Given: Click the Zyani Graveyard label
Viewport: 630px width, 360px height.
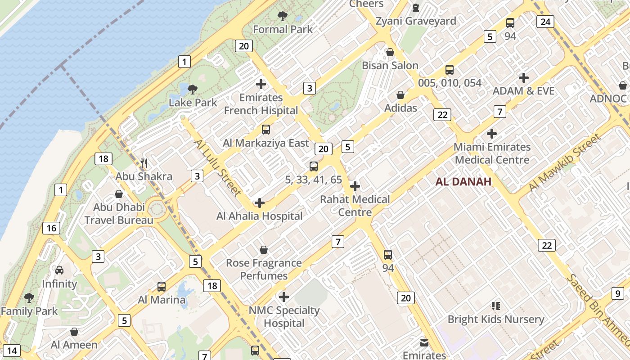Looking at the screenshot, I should click(416, 21).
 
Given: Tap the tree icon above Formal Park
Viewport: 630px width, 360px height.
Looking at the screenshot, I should click(283, 17).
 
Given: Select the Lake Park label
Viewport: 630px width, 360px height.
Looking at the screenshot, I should click(193, 103).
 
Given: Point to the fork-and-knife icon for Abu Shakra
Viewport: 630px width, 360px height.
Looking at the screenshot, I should click(144, 163).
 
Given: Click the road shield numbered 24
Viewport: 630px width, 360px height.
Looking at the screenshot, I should click(545, 22).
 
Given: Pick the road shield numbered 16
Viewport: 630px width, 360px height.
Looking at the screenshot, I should click(51, 228).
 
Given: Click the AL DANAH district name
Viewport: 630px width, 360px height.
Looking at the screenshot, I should click(463, 182).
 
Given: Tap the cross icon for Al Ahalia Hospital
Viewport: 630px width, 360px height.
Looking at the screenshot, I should click(260, 203).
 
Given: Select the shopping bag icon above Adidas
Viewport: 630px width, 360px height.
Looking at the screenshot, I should click(400, 95).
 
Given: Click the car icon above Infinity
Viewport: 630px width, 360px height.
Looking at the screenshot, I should click(59, 270).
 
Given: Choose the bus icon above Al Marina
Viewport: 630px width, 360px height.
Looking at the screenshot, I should click(161, 287).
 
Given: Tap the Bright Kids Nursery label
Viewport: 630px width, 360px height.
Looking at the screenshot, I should click(495, 319).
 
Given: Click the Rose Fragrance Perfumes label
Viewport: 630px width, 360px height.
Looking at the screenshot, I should click(264, 269).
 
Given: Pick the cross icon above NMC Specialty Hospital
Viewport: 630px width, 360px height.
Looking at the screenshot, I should click(284, 297).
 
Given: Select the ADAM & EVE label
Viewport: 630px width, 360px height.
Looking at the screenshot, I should click(523, 91).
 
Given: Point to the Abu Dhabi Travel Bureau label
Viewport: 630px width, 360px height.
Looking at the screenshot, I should click(119, 214).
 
